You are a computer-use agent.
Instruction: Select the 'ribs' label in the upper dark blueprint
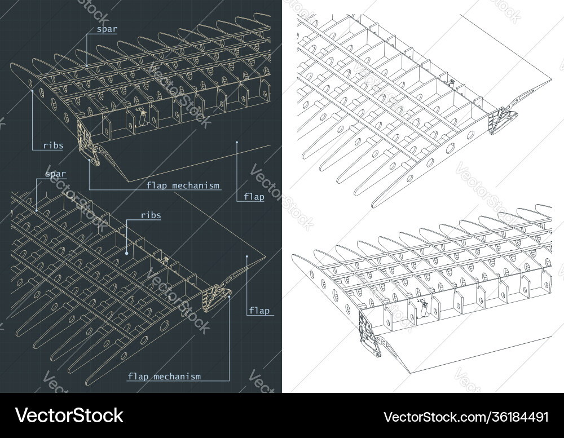point(52,145)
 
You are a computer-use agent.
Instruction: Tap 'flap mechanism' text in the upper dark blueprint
point(183,185)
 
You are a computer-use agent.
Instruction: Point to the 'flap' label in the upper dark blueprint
point(254,197)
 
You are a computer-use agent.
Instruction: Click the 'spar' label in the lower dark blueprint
point(55,174)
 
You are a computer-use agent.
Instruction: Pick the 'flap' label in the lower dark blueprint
point(259,311)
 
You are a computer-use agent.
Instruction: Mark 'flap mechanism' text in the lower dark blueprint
point(164,376)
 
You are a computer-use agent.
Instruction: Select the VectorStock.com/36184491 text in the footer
point(466,417)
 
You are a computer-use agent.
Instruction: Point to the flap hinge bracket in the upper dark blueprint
point(89,144)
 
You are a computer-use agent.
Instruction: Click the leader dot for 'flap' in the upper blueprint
point(237,142)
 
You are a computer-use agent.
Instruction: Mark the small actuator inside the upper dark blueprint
point(143,116)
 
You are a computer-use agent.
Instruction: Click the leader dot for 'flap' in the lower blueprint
point(247,257)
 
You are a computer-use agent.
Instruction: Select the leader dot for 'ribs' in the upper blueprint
point(33,89)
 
